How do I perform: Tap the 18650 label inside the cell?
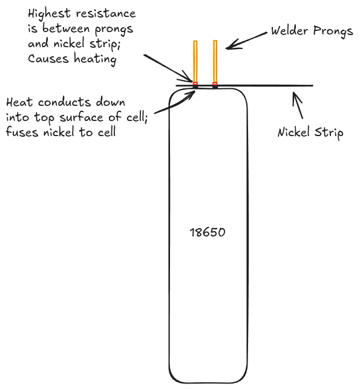tap(208, 232)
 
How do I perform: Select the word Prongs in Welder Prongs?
tap(333, 31)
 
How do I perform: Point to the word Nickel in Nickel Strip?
tap(294, 132)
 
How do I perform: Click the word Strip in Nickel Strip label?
tap(329, 132)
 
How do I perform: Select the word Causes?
tap(48, 59)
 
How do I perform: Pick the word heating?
tap(95, 60)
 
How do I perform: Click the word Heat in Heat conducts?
tap(19, 102)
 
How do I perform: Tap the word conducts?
tap(64, 102)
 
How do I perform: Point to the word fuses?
tap(22, 132)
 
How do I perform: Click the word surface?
tap(82, 117)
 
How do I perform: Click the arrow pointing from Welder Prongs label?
tap(246, 41)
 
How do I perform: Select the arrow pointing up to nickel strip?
tap(298, 105)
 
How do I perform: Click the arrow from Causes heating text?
tap(168, 68)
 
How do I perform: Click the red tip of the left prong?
tap(195, 83)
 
